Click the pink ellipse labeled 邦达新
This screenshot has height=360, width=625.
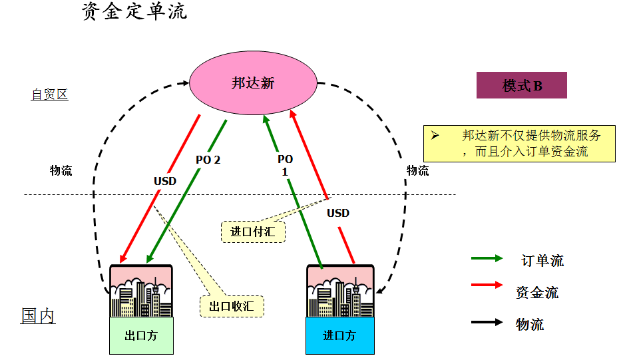tap(253, 83)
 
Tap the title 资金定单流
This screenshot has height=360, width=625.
tap(134, 11)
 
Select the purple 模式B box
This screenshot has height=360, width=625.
tap(521, 85)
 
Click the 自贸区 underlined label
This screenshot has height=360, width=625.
tap(49, 94)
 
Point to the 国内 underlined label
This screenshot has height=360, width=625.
tap(38, 315)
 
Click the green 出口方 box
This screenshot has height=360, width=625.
tap(141, 335)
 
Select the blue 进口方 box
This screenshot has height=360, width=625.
tap(339, 335)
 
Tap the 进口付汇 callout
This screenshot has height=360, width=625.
tap(253, 231)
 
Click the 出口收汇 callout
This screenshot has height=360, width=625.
tap(232, 305)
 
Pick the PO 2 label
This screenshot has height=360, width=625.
tap(208, 160)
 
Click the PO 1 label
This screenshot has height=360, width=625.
tap(285, 165)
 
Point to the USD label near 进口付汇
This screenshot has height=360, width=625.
tap(338, 214)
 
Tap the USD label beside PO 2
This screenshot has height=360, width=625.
tap(165, 181)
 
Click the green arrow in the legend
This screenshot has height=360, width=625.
tap(487, 258)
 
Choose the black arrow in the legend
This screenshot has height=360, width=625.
tap(487, 323)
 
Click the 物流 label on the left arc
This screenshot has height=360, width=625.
tap(61, 170)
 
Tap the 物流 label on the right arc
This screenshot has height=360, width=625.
tap(418, 170)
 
